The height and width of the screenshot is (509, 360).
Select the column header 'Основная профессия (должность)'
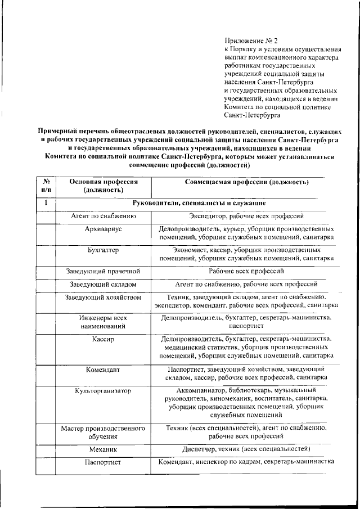103,186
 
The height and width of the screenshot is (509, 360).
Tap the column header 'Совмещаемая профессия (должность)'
246,182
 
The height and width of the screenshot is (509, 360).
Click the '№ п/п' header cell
47,186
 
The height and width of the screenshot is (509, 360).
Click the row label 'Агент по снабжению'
103,216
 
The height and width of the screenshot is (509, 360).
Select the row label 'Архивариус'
103,230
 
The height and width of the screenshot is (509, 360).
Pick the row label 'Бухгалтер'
103,250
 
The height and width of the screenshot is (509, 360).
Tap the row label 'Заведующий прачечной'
103,271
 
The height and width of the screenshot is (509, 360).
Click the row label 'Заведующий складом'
103,285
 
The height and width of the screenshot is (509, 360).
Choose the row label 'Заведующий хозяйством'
103,297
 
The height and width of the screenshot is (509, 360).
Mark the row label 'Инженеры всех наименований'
103,322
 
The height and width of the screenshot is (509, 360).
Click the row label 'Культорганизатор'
103,390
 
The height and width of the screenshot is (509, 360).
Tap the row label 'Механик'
103,450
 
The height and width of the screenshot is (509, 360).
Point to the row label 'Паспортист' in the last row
103,463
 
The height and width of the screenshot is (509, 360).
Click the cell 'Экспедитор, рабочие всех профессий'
246,216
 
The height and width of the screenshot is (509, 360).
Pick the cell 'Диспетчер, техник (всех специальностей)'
246,449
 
